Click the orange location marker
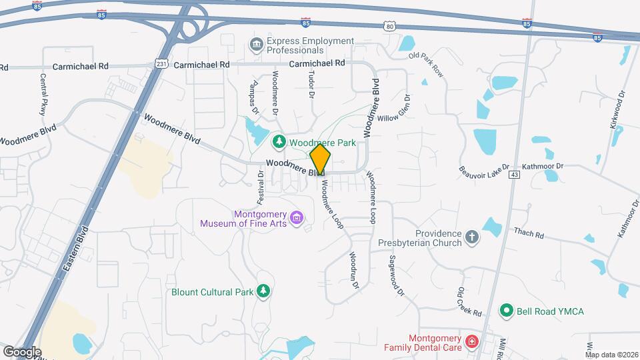click(320, 161)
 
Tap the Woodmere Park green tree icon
click(279, 141)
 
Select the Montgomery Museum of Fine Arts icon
click(297, 217)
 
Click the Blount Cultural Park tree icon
click(264, 291)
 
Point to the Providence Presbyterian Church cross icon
click(472, 237)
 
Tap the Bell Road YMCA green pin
click(507, 311)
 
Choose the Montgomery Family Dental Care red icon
click(472, 342)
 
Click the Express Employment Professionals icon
click(256, 45)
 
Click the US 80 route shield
click(390, 25)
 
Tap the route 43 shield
click(514, 174)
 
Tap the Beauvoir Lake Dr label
click(483, 167)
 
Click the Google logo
click(21, 351)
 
